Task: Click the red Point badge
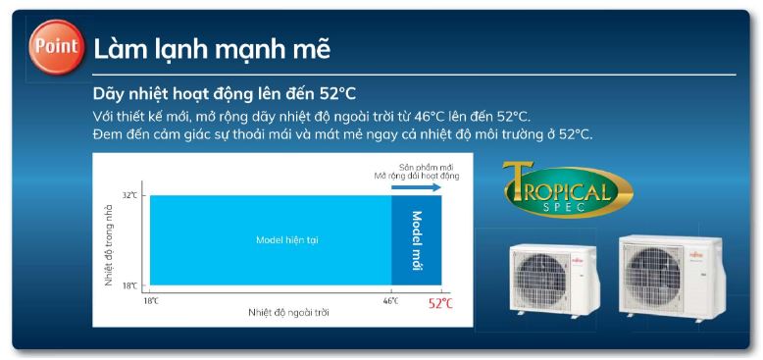[x=56, y=48]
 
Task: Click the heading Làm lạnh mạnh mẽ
[x=212, y=47]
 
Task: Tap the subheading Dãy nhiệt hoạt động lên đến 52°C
[x=224, y=94]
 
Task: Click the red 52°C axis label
[x=440, y=303]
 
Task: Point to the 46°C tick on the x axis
[x=390, y=300]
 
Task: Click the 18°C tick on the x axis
[x=151, y=300]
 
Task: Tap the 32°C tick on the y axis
[x=129, y=195]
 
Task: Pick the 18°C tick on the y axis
[x=129, y=285]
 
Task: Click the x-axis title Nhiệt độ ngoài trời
[x=288, y=312]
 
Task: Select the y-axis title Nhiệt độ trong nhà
[x=110, y=241]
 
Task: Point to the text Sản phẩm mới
[x=416, y=166]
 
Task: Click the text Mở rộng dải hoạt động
[x=416, y=176]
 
